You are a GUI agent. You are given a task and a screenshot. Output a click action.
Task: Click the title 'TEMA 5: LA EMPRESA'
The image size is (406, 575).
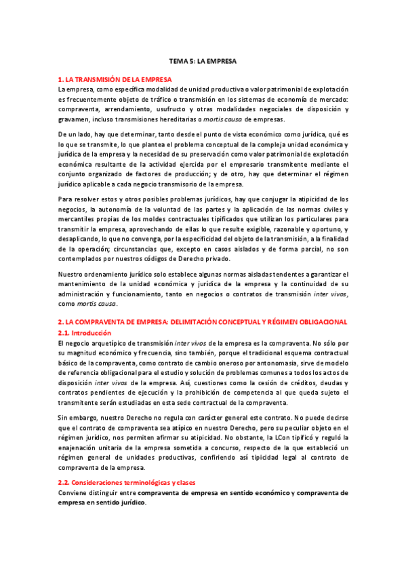[x=203, y=61]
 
